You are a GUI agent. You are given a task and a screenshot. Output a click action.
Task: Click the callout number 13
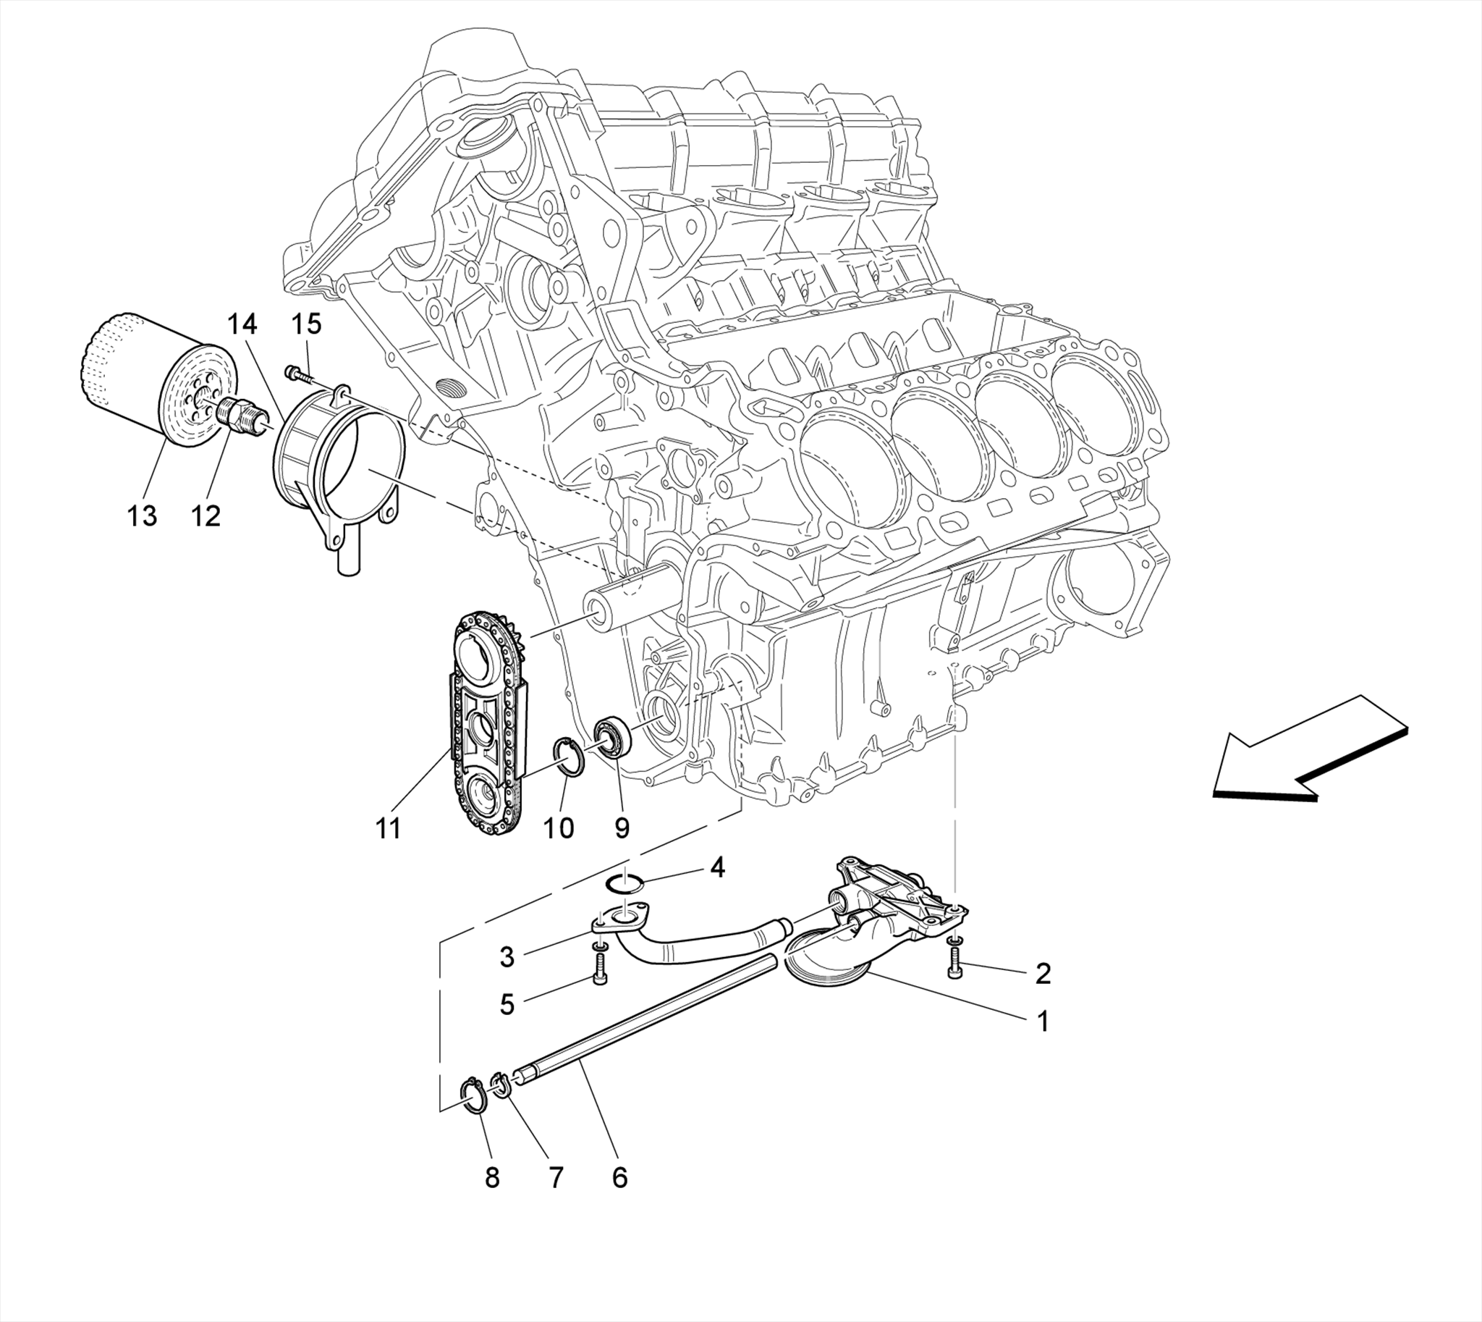pyautogui.click(x=143, y=515)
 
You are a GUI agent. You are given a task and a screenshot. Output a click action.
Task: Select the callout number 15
pyautogui.click(x=307, y=324)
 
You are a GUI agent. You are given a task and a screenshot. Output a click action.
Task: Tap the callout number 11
pyautogui.click(x=389, y=828)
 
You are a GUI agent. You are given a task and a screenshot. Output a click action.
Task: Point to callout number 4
pyautogui.click(x=717, y=867)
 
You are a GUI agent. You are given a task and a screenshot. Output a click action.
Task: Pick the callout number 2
pyautogui.click(x=1043, y=973)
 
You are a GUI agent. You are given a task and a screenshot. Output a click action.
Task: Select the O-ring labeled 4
pyautogui.click(x=625, y=883)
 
